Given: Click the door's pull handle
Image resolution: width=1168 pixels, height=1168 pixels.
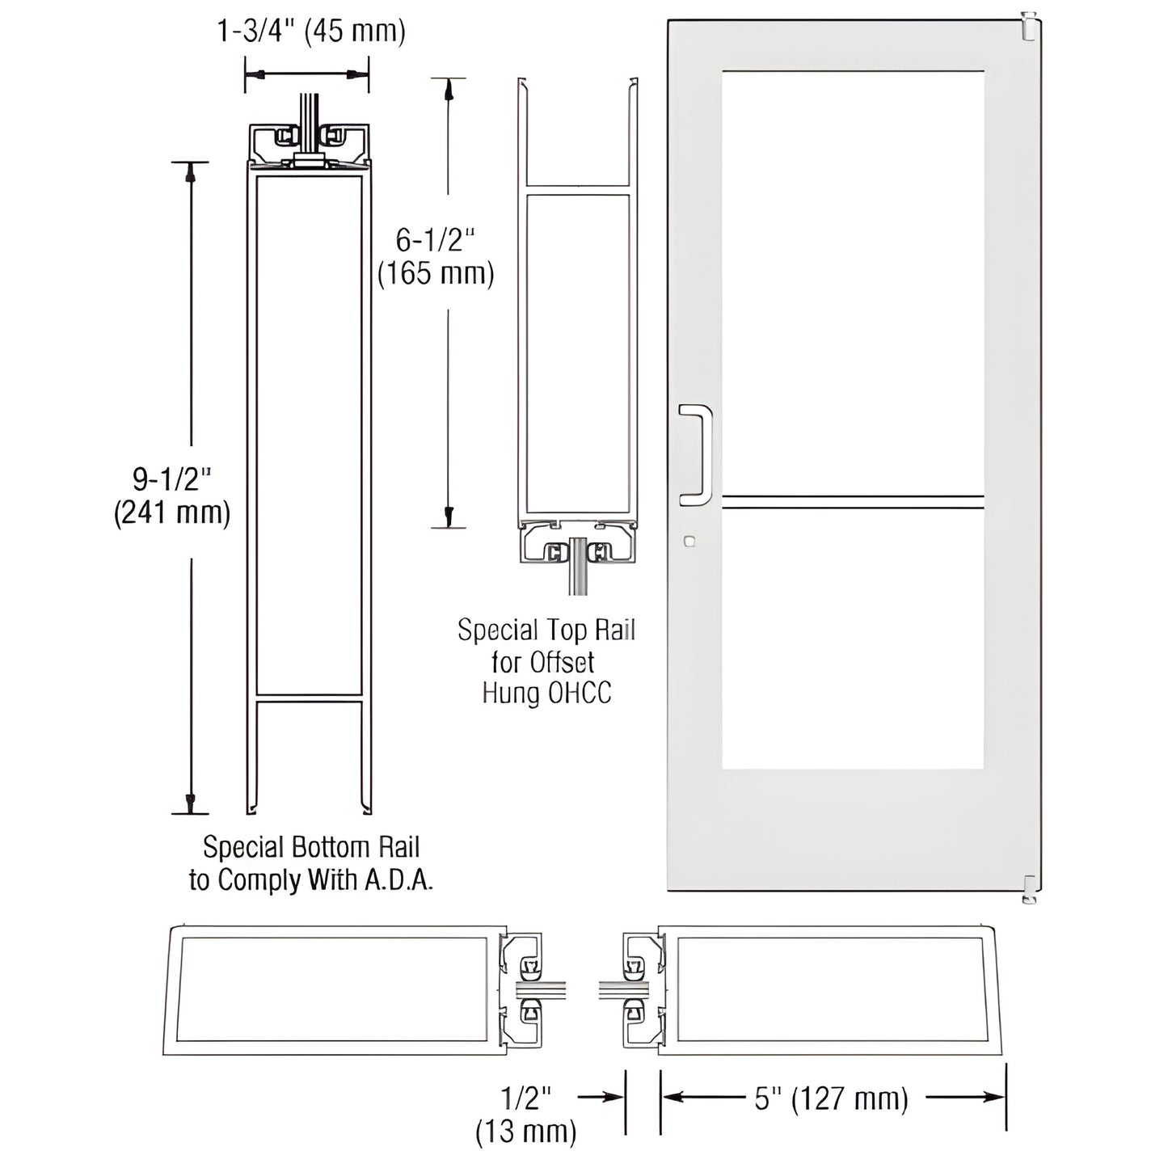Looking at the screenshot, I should click(x=696, y=455).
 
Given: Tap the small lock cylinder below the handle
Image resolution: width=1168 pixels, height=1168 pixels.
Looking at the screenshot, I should click(x=689, y=542).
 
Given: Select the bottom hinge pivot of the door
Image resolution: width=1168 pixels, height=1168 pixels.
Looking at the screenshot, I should click(x=1028, y=888).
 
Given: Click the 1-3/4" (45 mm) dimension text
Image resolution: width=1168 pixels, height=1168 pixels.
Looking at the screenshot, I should click(x=311, y=32).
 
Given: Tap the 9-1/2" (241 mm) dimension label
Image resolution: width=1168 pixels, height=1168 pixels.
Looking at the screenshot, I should click(x=172, y=496).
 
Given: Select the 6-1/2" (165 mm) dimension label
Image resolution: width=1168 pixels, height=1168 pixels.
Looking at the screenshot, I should click(x=436, y=257).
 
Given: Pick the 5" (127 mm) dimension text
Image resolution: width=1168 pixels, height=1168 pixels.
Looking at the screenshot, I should click(x=832, y=1098).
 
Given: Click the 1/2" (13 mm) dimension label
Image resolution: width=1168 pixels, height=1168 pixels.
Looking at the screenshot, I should click(x=526, y=1115).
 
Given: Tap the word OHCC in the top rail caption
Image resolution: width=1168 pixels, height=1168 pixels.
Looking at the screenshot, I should click(x=580, y=694).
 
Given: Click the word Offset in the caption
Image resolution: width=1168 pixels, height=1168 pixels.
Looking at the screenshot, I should click(x=561, y=662).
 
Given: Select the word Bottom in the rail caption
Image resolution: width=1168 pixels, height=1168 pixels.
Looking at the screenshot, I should click(x=310, y=847).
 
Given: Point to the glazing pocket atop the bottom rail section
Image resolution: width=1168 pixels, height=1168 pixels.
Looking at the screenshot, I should click(x=307, y=144).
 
